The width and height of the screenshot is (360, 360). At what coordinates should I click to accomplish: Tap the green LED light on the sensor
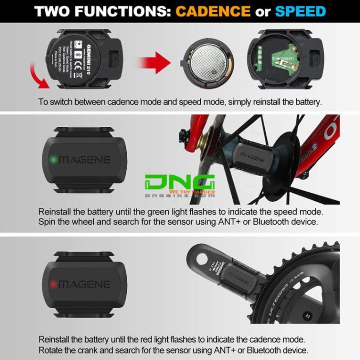pyautogui.click(x=54, y=160)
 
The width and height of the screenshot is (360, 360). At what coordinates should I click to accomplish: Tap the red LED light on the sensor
pyautogui.click(x=54, y=284)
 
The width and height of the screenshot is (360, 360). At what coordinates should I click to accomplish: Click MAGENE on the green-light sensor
pyautogui.click(x=85, y=160)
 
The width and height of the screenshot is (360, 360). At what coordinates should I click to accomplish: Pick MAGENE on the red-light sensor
pyautogui.click(x=85, y=284)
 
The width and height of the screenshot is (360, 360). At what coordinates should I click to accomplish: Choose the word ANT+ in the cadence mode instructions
pyautogui.click(x=221, y=350)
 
